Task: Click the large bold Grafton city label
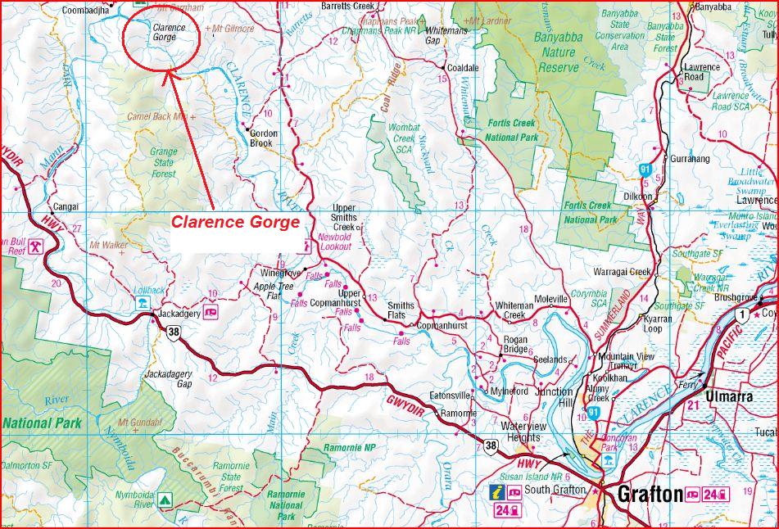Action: click(x=650, y=495)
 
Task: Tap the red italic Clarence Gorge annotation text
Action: click(x=235, y=222)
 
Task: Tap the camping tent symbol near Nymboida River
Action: click(x=165, y=498)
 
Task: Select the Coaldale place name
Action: click(x=463, y=68)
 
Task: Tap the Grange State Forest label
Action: click(x=163, y=162)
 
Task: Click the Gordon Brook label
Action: click(x=264, y=138)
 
